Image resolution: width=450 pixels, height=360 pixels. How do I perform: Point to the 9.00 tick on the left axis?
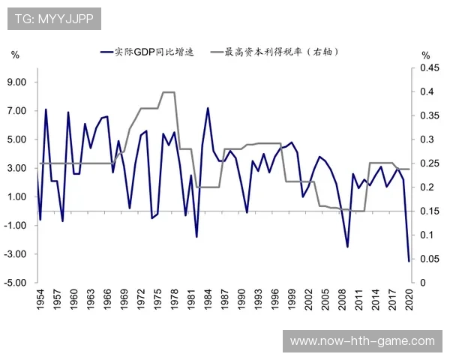click(17, 82)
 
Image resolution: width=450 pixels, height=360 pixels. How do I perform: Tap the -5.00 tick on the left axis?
click(16, 283)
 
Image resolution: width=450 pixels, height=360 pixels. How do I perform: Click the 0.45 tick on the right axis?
click(428, 68)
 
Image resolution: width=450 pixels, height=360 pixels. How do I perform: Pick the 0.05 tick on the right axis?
click(428, 259)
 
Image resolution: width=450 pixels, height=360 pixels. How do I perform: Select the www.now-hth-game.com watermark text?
click(362, 341)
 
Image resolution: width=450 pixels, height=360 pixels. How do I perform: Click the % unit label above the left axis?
click(15, 55)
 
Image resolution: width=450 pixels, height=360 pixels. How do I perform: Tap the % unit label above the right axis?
click(425, 55)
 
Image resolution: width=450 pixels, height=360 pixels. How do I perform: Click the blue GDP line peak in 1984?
click(208, 108)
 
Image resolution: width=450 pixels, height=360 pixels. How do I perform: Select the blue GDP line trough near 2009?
click(348, 247)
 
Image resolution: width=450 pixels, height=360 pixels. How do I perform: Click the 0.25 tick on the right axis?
click(428, 163)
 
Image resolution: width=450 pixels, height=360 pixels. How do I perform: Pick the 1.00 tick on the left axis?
click(17, 196)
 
